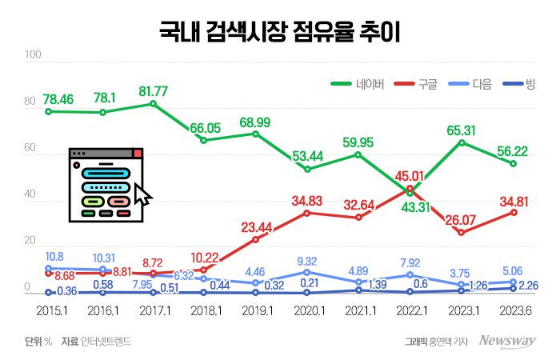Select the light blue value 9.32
[307, 261]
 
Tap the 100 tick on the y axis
[33, 56]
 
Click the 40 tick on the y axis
[30, 195]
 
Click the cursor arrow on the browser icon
[142, 194]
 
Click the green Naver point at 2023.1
[462, 142]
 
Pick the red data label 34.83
[307, 199]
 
